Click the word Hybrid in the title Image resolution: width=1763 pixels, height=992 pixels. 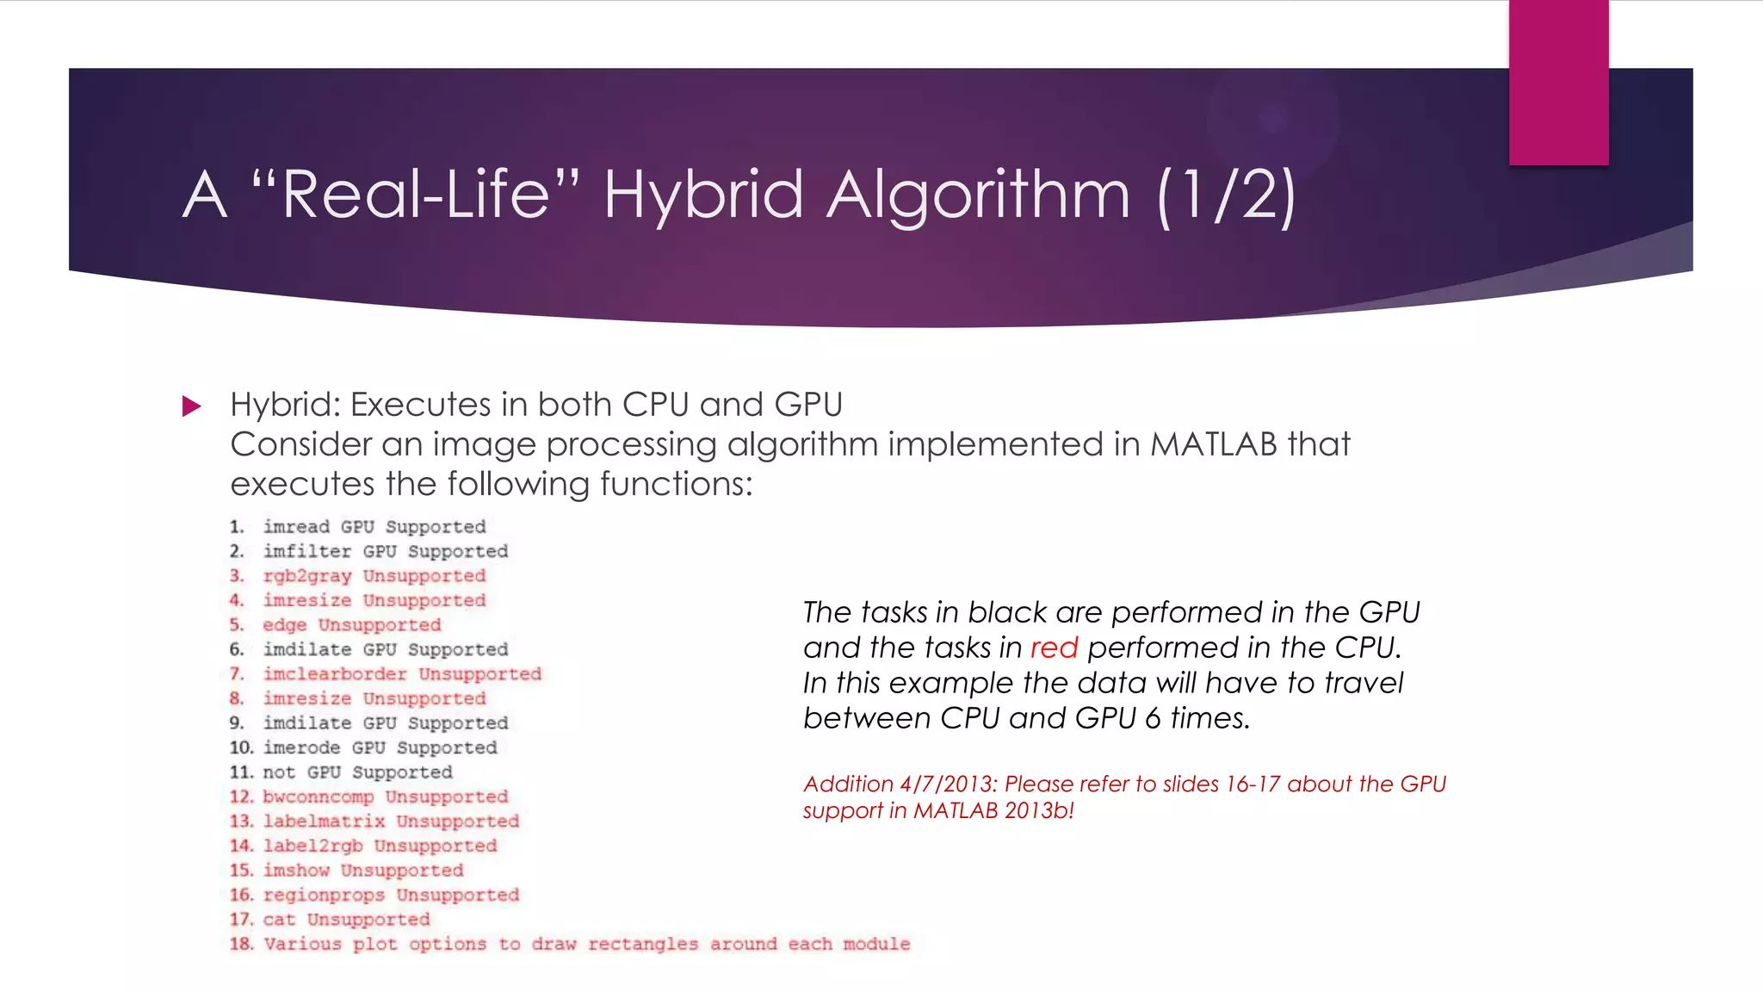pyautogui.click(x=703, y=195)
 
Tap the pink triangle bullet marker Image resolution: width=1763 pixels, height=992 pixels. pyautogui.click(x=191, y=406)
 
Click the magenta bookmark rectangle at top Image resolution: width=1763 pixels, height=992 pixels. pyautogui.click(x=1558, y=82)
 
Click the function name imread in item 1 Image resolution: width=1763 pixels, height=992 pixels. pyautogui.click(x=296, y=527)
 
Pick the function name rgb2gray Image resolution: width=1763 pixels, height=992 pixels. pyautogui.click(x=307, y=576)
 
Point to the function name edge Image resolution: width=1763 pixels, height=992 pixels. pyautogui.click(x=285, y=625)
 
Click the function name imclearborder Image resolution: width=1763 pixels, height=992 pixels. pyautogui.click(x=335, y=674)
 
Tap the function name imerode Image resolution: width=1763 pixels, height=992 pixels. pyautogui.click(x=301, y=747)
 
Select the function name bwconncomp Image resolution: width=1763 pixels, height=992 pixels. pyautogui.click(x=319, y=797)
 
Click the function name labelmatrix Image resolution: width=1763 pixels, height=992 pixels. pyautogui.click(x=324, y=821)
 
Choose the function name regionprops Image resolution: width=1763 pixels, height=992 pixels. pyautogui.click(x=324, y=895)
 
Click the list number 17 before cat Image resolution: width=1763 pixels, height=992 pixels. pyautogui.click(x=240, y=920)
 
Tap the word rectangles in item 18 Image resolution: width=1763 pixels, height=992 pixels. pyautogui.click(x=643, y=944)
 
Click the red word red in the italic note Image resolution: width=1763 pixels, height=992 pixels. pyautogui.click(x=1054, y=648)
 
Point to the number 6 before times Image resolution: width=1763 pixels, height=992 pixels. pyautogui.click(x=1153, y=718)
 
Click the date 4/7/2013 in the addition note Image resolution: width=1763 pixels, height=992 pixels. pyautogui.click(x=945, y=784)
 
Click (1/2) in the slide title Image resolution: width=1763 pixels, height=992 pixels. pyautogui.click(x=1226, y=196)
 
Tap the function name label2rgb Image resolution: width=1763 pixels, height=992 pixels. pyautogui.click(x=312, y=846)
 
